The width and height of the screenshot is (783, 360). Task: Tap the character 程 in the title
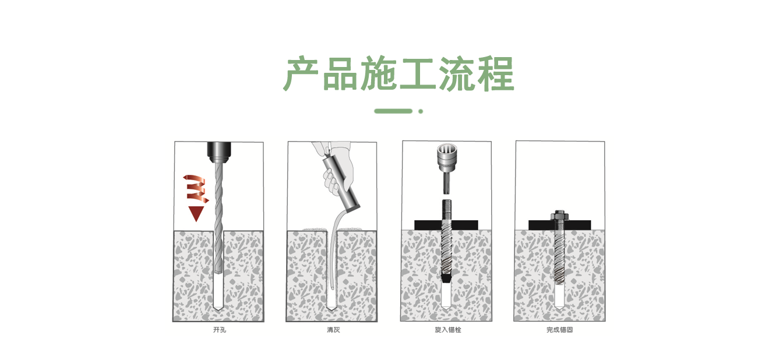[x=495, y=73]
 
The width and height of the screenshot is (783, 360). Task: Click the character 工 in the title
[x=418, y=73]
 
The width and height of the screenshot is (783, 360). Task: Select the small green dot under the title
[x=421, y=111]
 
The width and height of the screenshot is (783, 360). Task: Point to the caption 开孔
[x=218, y=330]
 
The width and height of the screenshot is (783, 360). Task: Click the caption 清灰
[x=333, y=330]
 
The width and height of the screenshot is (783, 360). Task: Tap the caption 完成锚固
[x=560, y=330]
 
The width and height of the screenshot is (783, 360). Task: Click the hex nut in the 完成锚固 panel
[x=560, y=217]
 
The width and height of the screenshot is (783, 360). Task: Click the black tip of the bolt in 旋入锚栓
[x=446, y=278]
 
